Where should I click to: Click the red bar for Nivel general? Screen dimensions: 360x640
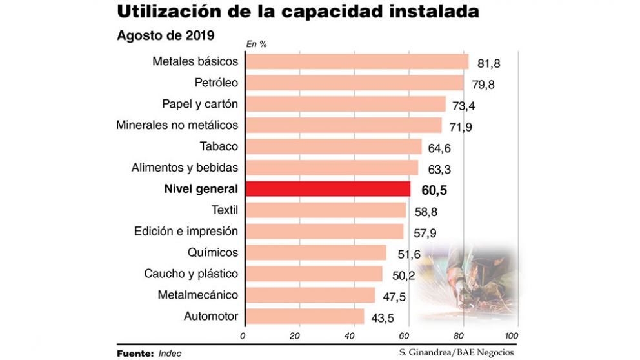(x=328, y=189)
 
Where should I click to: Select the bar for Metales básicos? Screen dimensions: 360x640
(x=357, y=61)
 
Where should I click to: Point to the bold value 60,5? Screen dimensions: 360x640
(x=434, y=190)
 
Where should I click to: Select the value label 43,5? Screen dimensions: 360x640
(x=383, y=318)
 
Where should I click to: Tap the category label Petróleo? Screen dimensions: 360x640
(x=216, y=83)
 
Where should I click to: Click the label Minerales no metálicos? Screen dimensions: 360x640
(x=177, y=125)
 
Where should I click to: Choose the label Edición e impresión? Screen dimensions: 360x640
(x=186, y=231)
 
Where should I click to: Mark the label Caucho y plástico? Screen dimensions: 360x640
(x=191, y=274)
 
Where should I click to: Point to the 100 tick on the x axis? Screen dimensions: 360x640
(x=511, y=336)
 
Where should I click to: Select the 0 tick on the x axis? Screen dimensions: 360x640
(x=243, y=336)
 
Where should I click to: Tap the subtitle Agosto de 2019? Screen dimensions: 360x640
(x=165, y=35)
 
